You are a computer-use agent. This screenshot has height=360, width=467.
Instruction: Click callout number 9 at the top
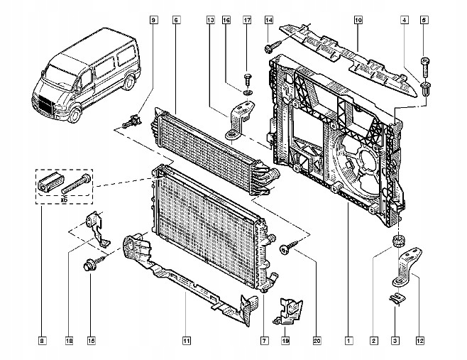click(x=153, y=21)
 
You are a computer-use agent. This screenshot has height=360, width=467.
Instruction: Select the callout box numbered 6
click(x=176, y=21)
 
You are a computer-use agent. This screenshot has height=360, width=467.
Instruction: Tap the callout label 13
click(x=211, y=21)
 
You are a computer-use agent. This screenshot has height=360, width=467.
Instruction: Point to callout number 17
click(x=247, y=21)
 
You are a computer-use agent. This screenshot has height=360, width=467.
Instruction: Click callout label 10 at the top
click(x=358, y=21)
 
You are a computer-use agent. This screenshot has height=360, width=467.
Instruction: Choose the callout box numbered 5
click(x=424, y=21)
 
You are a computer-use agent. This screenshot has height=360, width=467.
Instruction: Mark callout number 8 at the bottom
click(x=43, y=341)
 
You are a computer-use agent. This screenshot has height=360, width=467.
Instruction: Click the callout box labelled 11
click(x=187, y=341)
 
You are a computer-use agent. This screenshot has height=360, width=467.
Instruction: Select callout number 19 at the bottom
click(x=285, y=341)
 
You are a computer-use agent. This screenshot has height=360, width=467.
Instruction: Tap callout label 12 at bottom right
click(x=420, y=341)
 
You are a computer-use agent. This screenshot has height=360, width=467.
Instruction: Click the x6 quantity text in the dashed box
click(x=64, y=200)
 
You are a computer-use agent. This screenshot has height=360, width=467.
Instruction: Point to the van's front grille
click(x=45, y=105)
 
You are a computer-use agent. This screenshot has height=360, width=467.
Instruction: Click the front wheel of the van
click(x=75, y=115)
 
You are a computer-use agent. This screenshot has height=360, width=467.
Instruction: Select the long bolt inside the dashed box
click(x=76, y=184)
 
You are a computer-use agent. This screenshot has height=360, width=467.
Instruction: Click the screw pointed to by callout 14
click(x=273, y=47)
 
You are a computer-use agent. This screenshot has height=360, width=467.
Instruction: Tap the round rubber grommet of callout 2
click(x=398, y=240)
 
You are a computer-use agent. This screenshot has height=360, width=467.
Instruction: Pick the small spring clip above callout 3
click(x=397, y=298)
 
